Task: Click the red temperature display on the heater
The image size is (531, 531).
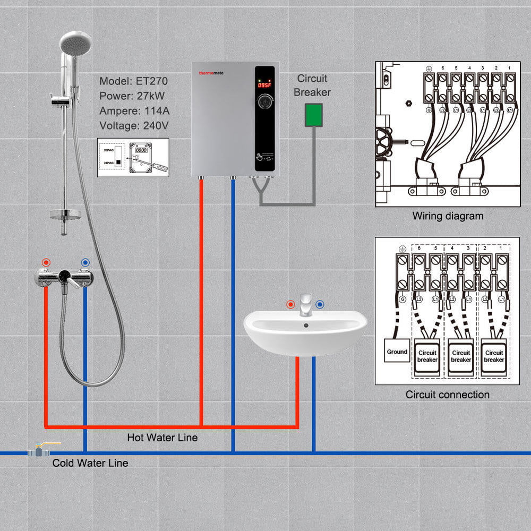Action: [264, 84]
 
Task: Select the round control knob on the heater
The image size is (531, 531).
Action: [264, 102]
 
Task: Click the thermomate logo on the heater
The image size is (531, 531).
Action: [212, 73]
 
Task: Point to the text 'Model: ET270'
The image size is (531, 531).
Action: [133, 81]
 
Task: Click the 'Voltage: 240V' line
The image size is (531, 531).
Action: [134, 126]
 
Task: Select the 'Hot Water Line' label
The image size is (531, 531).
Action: [162, 438]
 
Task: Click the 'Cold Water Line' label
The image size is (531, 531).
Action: [90, 463]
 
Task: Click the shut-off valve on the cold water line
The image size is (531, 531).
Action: [39, 451]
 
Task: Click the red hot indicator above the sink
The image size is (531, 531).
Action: [290, 305]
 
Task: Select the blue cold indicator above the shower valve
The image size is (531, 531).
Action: [85, 262]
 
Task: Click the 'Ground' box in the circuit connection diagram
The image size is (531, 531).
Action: [397, 352]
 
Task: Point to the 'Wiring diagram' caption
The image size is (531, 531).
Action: [448, 216]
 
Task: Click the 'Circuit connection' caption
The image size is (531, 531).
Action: [447, 395]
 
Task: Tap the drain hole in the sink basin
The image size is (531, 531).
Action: [305, 325]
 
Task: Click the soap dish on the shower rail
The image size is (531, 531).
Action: [65, 215]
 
